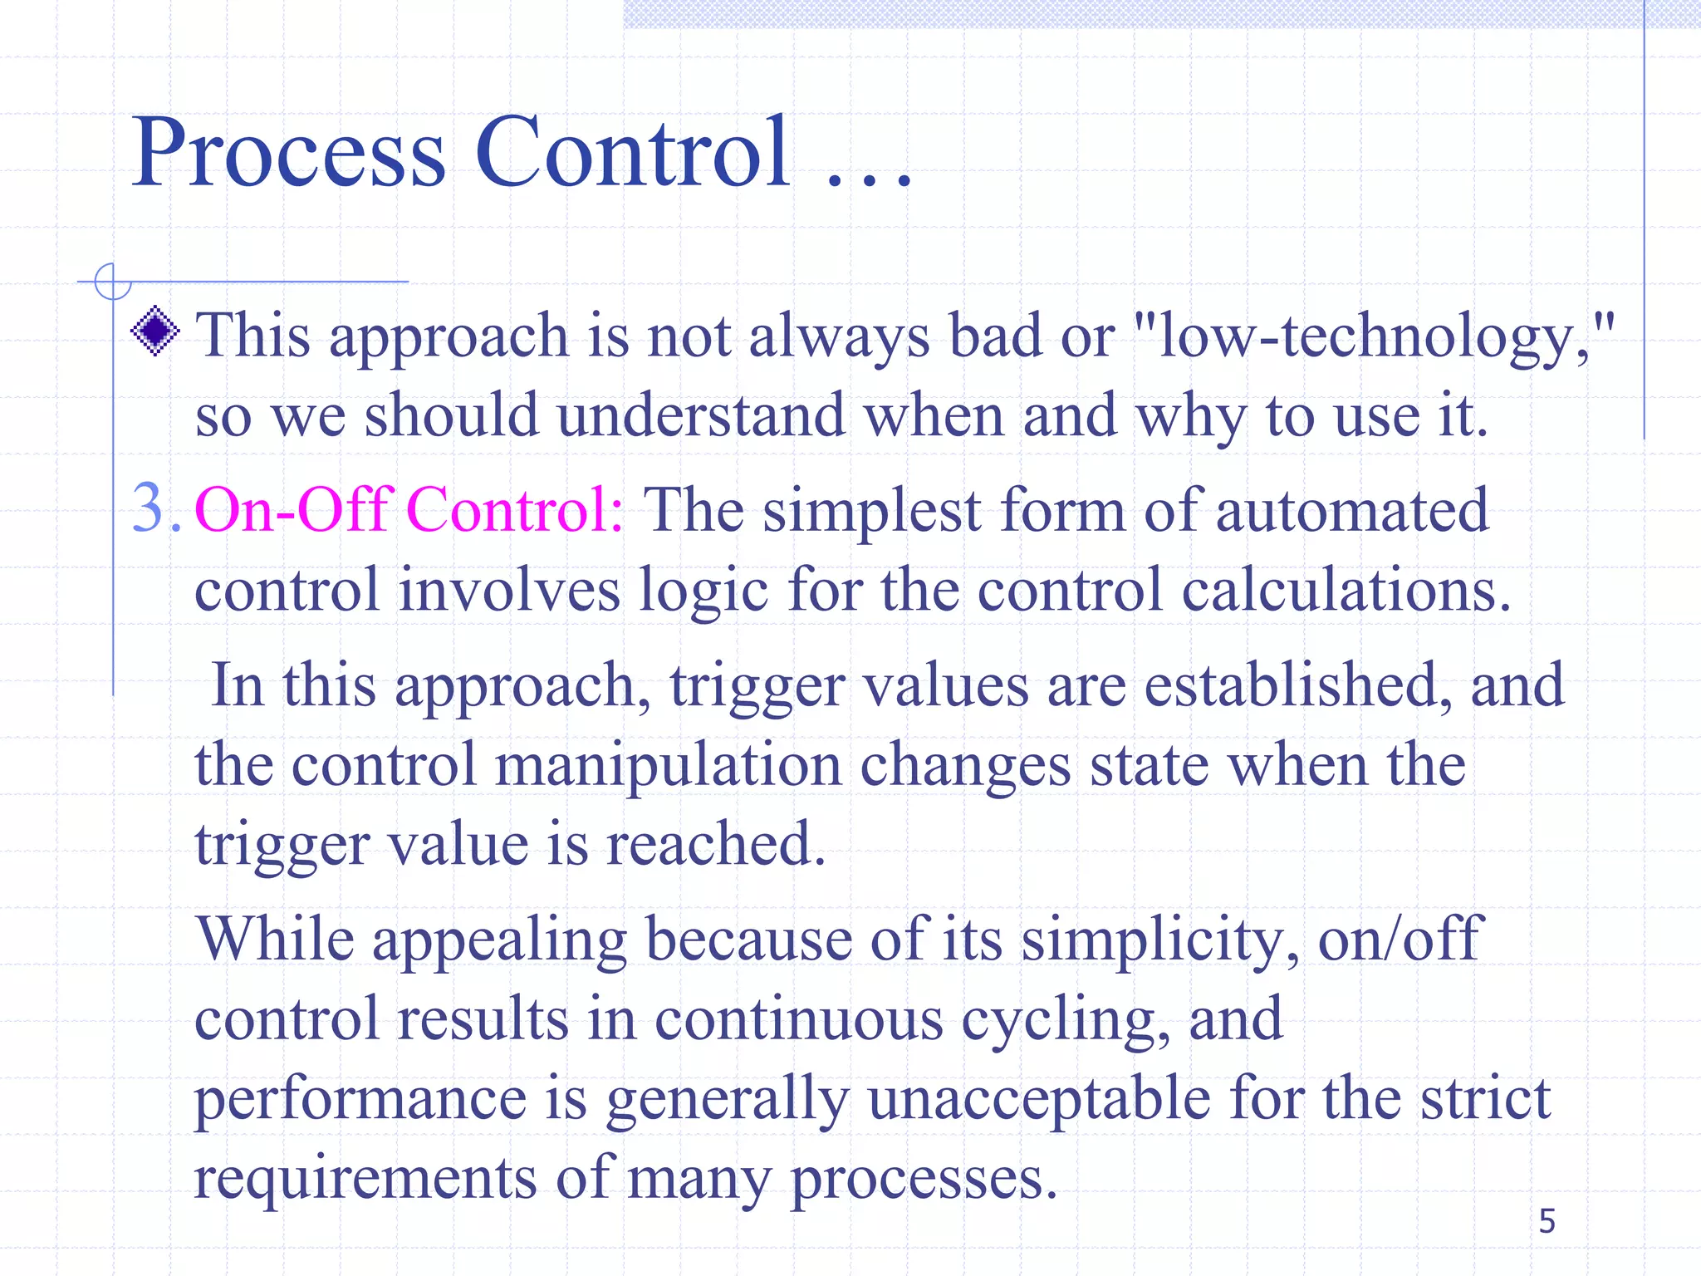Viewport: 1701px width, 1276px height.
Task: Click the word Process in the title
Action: pos(289,154)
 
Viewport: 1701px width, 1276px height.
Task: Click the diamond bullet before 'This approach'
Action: pos(155,331)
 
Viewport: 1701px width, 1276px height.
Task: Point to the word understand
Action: pos(701,415)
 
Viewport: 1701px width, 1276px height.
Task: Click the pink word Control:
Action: pos(514,508)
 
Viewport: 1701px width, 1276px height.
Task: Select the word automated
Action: pos(1352,510)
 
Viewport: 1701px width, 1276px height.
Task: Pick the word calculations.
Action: pos(1346,590)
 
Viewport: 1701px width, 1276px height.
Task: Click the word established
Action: pos(1298,685)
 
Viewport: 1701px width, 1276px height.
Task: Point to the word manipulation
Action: pos(668,765)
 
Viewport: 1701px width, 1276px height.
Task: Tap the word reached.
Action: pos(715,845)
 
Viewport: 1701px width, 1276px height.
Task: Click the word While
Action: pos(275,939)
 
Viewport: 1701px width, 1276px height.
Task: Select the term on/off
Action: pos(1400,939)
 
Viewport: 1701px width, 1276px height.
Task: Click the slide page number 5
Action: pos(1547,1221)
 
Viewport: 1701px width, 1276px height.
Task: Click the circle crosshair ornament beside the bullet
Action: pos(112,282)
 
